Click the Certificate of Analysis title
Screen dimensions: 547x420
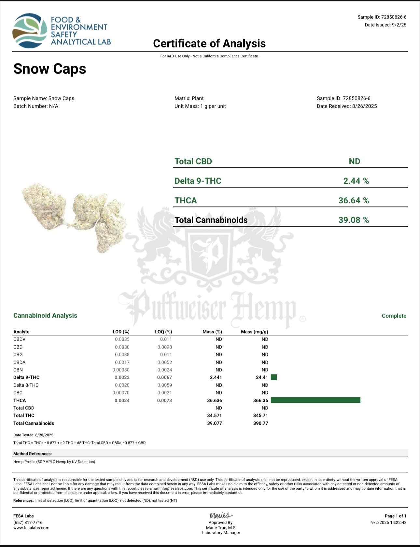209,44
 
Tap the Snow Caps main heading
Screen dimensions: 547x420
50,69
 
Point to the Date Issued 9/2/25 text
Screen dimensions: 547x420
385,25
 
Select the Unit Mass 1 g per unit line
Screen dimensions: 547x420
200,106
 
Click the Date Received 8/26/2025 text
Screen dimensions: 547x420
347,106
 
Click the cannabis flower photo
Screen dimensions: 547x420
75,215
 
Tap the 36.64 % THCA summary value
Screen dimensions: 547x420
354,200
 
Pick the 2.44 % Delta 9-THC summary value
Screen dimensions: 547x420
356,181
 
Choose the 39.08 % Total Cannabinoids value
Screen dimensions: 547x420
354,220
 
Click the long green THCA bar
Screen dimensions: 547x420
315,400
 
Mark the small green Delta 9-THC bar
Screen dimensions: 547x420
274,377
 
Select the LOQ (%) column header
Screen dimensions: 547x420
163,332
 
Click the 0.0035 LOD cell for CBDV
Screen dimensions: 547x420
122,339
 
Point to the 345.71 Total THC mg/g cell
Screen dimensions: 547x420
260,415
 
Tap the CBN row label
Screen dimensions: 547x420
18,370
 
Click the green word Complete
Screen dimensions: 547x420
394,316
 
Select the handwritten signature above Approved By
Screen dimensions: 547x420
221,515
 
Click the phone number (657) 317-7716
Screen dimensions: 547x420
28,522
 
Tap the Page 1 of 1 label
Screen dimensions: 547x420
395,516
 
